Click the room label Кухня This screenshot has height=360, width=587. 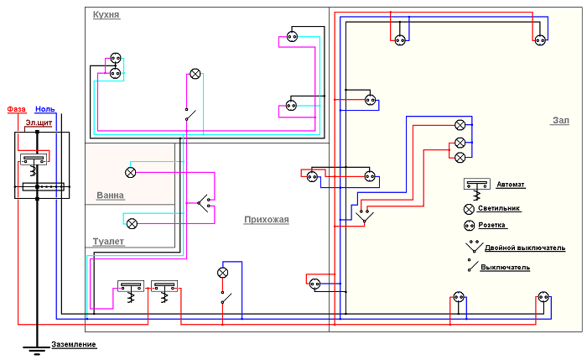106,16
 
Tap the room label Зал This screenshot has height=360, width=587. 560,121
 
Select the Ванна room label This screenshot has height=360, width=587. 110,196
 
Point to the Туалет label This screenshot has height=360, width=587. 108,241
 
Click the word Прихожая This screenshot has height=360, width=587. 266,220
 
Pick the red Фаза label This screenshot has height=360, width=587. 17,109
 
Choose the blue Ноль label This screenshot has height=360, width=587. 45,109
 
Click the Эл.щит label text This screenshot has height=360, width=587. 36,123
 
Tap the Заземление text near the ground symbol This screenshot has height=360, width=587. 74,345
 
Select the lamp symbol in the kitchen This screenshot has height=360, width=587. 195,74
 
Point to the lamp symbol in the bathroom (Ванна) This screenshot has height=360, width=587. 131,172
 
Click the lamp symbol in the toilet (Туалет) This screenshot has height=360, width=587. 132,223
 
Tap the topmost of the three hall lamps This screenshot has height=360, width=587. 460,124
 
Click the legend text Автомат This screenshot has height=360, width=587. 512,184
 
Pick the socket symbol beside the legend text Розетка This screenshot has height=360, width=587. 469,226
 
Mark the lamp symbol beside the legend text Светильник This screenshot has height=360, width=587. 469,207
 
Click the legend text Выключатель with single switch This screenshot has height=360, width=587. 505,267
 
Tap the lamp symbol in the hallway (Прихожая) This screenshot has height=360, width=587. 223,273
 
